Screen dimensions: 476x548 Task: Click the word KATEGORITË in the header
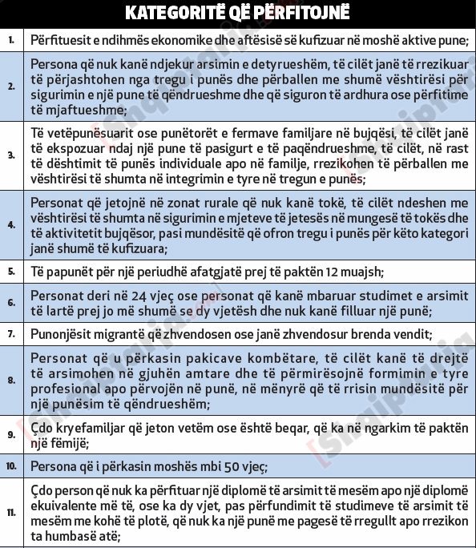coord(171,13)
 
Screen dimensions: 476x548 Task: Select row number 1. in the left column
coord(11,39)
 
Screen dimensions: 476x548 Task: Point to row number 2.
coord(11,86)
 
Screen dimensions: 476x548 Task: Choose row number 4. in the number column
coord(11,224)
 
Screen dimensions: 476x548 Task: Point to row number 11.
coord(11,512)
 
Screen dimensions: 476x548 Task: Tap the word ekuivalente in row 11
coord(68,506)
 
